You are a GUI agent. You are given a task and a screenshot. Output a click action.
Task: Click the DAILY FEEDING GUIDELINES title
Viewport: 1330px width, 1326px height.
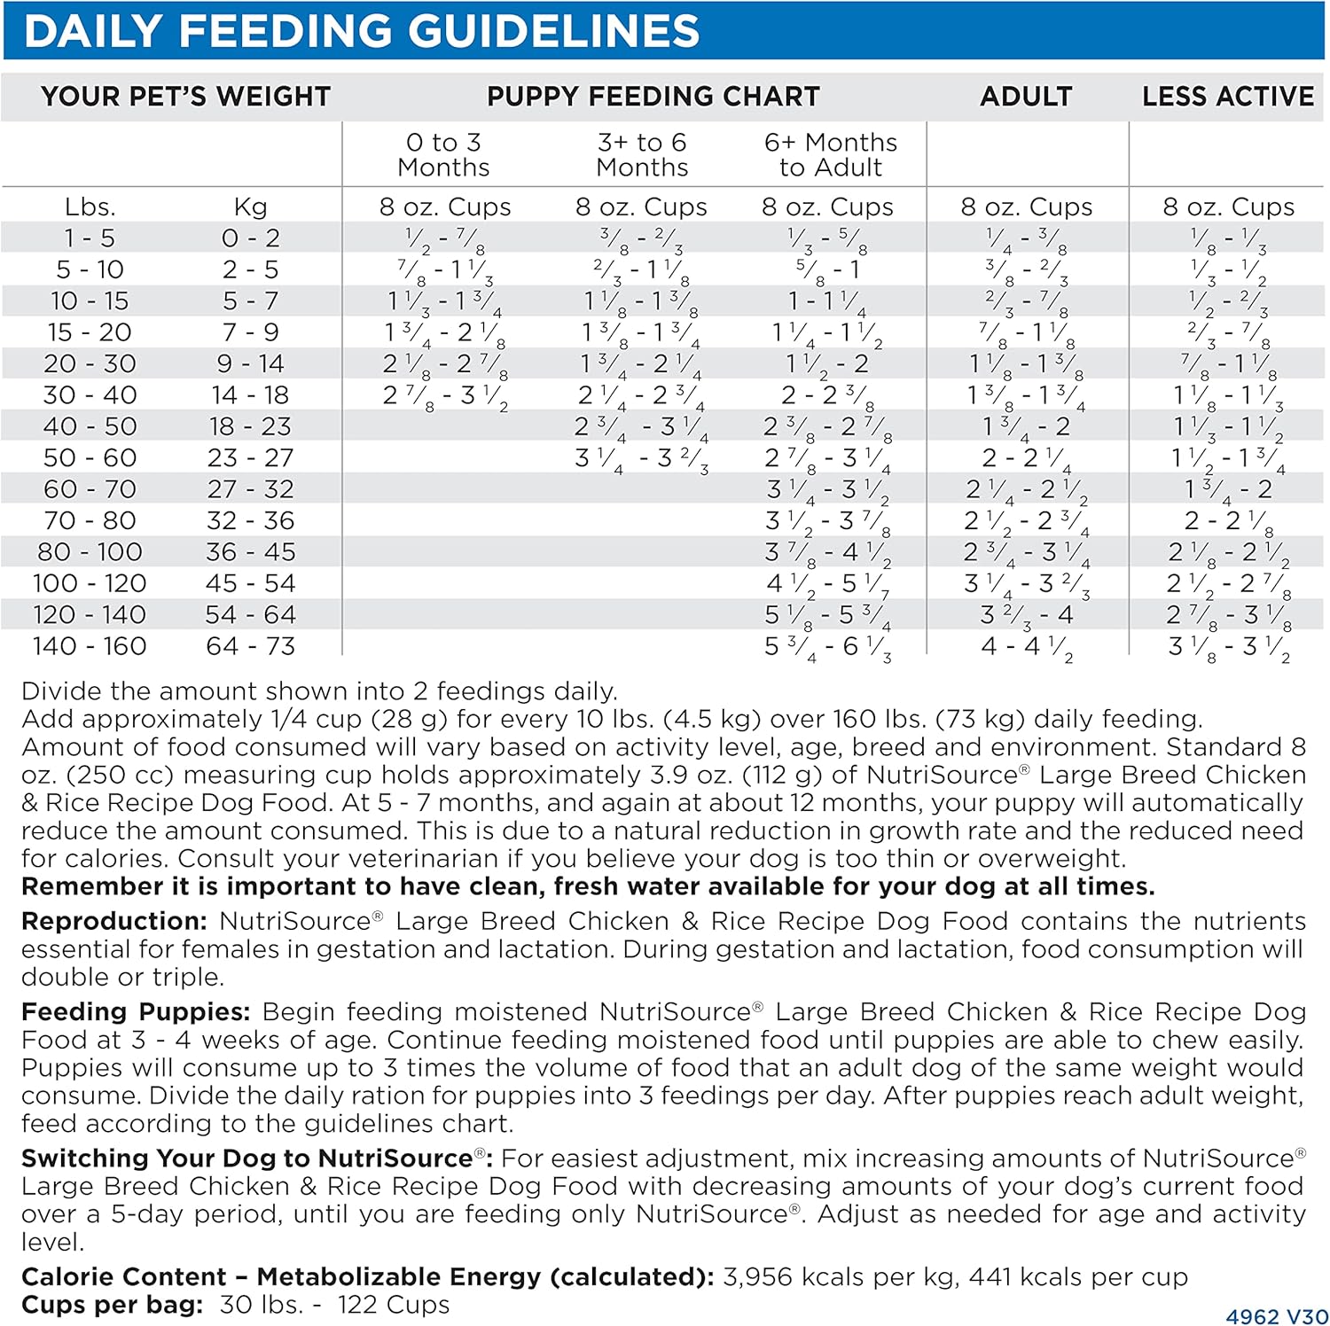coord(362,31)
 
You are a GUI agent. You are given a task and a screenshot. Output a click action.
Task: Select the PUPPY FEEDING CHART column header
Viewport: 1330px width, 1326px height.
coord(653,96)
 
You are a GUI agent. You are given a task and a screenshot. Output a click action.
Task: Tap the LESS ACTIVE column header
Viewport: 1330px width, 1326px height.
coord(1228,96)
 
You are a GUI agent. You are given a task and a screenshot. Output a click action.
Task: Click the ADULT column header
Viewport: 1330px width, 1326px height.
coord(1026,96)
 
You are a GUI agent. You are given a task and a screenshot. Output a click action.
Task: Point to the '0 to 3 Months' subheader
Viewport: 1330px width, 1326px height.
coord(443,155)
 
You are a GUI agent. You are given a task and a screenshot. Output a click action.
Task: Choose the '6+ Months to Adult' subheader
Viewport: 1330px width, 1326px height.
coord(831,155)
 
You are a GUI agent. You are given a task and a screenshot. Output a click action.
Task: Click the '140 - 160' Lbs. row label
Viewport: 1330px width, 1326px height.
coord(90,646)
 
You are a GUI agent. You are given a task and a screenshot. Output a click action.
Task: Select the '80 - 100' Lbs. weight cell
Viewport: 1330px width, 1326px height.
coord(90,552)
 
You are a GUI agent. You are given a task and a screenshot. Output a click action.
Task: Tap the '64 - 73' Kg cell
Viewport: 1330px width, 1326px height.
coord(250,646)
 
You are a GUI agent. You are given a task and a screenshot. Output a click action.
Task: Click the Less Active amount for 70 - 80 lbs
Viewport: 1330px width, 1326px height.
coord(1228,522)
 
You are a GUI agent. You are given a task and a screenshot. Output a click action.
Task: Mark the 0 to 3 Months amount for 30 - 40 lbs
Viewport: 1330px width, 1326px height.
coord(445,396)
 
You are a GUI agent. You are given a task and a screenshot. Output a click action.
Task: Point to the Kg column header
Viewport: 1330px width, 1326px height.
coord(250,207)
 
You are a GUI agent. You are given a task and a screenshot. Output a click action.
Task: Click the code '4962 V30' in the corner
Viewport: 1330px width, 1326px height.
coord(1276,1317)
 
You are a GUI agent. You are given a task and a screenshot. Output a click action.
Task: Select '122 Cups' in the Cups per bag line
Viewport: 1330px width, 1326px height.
coord(394,1305)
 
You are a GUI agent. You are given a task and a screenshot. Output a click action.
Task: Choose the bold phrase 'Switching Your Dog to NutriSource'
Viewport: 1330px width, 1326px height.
coord(246,1158)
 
